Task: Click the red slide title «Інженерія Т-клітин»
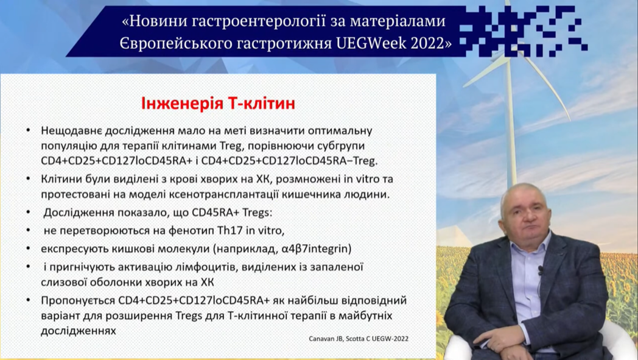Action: (218, 104)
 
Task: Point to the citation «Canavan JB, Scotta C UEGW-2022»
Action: (359, 339)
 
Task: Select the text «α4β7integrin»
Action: (317, 249)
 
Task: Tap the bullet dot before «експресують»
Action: (28, 247)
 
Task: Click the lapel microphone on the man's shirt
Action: (541, 270)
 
